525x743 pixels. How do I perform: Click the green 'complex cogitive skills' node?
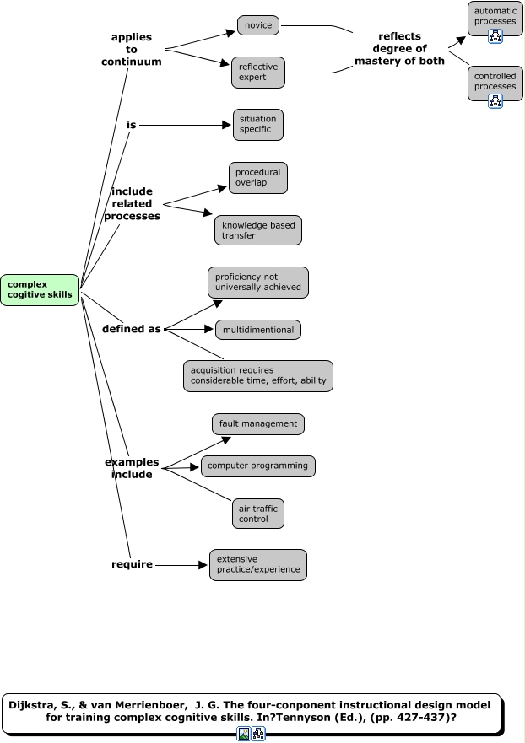(40, 289)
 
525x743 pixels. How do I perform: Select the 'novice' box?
(258, 25)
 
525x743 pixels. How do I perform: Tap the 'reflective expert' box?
(258, 72)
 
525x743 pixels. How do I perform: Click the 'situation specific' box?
(257, 124)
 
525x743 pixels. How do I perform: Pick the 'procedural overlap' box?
(257, 178)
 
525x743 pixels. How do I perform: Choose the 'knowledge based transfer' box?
(257, 230)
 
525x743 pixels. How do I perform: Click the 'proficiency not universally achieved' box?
(258, 283)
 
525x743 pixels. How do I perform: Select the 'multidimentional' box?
(257, 330)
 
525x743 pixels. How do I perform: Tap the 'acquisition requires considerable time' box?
(258, 376)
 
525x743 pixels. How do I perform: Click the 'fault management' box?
(257, 423)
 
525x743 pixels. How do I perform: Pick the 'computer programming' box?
(258, 466)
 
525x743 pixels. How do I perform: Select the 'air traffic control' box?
(258, 514)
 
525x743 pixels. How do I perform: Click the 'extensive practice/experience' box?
(258, 565)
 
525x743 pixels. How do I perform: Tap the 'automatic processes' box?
(495, 16)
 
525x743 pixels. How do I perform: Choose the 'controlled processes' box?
(495, 81)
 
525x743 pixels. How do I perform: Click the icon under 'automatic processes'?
(495, 36)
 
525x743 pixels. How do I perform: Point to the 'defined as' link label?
(131, 329)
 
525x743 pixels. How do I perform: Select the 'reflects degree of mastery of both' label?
(399, 48)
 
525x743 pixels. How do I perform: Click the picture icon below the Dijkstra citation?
(243, 734)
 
